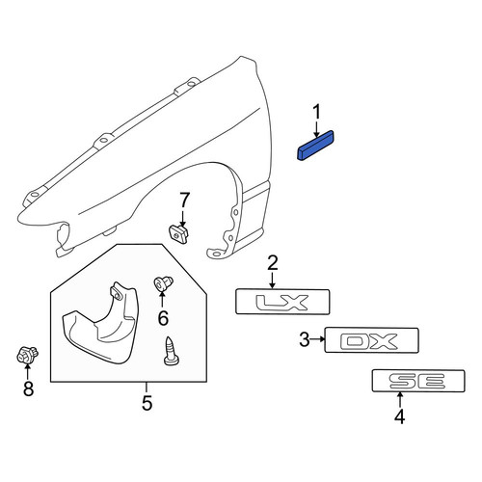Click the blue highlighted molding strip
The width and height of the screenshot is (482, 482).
(315, 145)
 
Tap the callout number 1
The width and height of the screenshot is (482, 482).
(317, 113)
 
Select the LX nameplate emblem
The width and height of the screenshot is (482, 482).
(282, 302)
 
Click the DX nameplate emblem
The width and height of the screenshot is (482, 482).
(371, 340)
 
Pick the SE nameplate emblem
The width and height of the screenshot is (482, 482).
(418, 381)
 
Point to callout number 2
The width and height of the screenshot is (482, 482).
(272, 263)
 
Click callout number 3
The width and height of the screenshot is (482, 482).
(305, 339)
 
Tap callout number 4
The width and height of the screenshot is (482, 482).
(399, 416)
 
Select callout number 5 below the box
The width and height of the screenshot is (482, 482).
(147, 403)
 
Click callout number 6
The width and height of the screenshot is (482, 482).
(163, 318)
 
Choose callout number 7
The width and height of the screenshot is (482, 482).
(184, 201)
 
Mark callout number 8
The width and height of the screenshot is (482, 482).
(28, 388)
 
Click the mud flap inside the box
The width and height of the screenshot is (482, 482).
(101, 323)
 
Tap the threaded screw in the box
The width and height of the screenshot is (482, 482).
(171, 351)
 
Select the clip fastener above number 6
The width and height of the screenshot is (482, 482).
(164, 282)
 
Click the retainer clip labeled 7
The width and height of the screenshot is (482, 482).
(179, 234)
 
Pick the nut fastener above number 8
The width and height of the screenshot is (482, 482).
(27, 355)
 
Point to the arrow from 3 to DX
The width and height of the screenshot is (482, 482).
(318, 339)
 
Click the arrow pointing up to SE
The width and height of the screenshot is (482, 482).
(400, 400)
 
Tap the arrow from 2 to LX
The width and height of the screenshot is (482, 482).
(273, 280)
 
